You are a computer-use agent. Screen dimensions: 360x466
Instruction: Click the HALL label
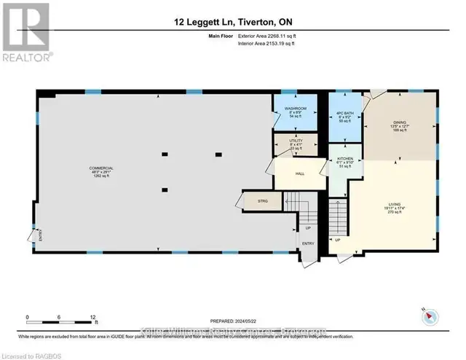click(x=299, y=173)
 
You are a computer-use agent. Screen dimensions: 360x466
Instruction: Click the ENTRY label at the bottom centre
click(x=309, y=245)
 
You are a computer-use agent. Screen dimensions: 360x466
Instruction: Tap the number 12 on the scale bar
click(x=92, y=317)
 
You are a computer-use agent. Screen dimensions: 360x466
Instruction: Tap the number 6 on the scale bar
click(x=60, y=317)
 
